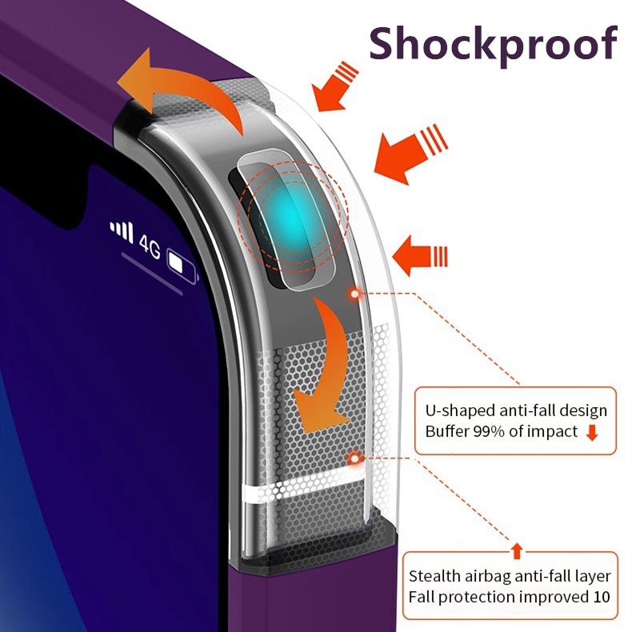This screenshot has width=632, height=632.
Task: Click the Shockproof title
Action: coord(493,43)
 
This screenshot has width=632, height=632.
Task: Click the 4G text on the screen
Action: coord(150,243)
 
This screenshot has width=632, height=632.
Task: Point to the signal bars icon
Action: coord(122,231)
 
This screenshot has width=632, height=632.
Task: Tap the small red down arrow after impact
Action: coord(592,434)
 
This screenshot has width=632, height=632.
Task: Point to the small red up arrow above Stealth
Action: coord(517,550)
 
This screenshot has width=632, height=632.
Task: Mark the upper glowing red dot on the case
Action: coord(354,294)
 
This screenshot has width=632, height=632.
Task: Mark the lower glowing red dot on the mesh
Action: coord(354,458)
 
